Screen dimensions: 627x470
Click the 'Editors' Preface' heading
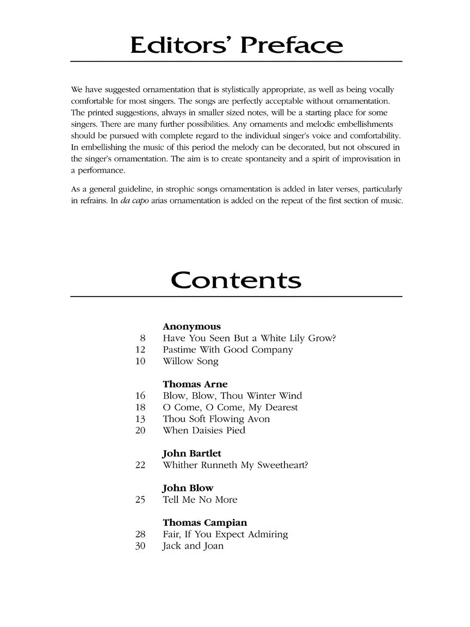click(236, 45)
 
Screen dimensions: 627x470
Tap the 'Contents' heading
click(236, 280)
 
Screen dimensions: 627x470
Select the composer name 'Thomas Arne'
click(195, 384)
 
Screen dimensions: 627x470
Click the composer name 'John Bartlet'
click(192, 453)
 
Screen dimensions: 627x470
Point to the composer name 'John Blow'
click(188, 488)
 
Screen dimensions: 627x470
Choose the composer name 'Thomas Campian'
click(205, 523)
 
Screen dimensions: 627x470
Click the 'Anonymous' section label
click(191, 327)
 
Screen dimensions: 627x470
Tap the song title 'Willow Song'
click(190, 361)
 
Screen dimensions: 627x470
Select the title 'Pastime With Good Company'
click(227, 350)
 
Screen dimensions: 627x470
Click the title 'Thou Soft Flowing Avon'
click(216, 419)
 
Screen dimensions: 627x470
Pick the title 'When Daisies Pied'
click(204, 431)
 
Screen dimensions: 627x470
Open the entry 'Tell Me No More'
click(200, 500)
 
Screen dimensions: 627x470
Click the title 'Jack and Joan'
click(193, 546)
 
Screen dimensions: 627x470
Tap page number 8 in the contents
click(143, 339)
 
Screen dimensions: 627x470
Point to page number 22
click(140, 465)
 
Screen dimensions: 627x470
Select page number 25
click(140, 500)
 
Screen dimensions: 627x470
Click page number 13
click(140, 419)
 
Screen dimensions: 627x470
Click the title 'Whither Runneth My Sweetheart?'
click(235, 465)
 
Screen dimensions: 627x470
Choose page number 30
click(140, 546)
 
